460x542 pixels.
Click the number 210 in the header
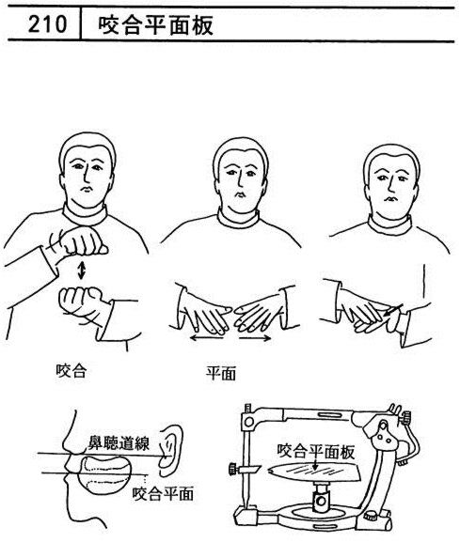coord(47,24)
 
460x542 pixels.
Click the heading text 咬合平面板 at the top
coord(156,25)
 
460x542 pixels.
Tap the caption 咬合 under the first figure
coord(71,370)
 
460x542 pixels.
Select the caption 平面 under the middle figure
coord(221,373)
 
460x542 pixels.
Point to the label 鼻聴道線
coord(119,443)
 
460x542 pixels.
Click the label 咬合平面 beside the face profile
coord(163,493)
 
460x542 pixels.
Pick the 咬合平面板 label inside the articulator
coord(316,451)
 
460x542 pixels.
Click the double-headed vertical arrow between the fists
coord(81,271)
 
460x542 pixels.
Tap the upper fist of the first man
coord(83,241)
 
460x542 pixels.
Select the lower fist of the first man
coord(80,303)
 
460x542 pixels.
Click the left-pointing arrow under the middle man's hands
coord(207,337)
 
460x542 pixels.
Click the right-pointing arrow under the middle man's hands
coord(255,338)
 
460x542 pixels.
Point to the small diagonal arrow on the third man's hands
coord(393,309)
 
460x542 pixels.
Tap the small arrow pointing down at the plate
coord(315,463)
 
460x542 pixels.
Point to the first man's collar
coord(85,215)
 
